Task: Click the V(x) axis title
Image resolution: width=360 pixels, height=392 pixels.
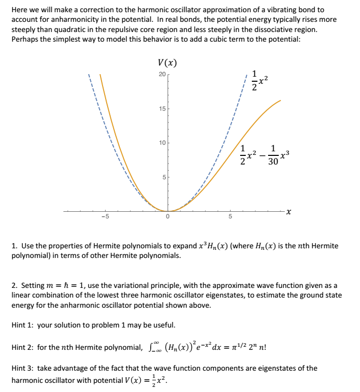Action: coord(168,63)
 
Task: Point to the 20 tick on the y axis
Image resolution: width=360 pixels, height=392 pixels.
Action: coord(162,75)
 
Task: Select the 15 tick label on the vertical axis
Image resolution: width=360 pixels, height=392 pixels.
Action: coord(162,109)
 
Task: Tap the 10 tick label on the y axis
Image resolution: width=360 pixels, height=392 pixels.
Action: coord(162,143)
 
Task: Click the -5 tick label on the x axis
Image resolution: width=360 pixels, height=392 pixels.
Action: coord(105,217)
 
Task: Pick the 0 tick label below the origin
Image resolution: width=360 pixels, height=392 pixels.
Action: coord(167,217)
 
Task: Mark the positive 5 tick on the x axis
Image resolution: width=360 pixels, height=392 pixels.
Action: coord(230,217)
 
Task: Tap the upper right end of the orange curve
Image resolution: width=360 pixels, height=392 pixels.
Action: coord(280,102)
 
